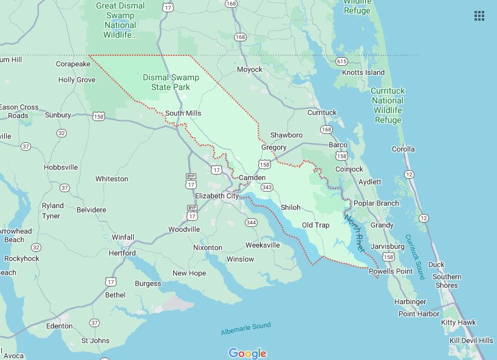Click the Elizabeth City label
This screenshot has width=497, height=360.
(x=217, y=196)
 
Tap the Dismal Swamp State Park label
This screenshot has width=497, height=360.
(x=171, y=82)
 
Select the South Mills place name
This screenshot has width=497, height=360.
(x=183, y=113)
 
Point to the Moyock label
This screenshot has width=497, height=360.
(x=250, y=69)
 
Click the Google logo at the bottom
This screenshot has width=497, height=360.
(x=247, y=353)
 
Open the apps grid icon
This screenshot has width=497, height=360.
(x=479, y=16)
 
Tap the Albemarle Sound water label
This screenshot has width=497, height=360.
(x=245, y=329)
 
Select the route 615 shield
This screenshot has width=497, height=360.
(x=341, y=61)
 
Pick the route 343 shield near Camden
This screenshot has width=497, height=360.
(x=267, y=187)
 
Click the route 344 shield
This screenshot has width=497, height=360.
(x=251, y=223)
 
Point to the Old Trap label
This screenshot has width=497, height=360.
(x=316, y=225)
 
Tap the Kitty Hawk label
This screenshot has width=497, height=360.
(x=459, y=322)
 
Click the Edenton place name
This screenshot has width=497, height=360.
(x=59, y=326)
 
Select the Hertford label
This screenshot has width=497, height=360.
(x=122, y=252)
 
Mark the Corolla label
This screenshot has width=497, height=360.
(x=403, y=149)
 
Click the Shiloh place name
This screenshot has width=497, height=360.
(x=290, y=207)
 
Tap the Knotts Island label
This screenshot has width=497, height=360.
(x=363, y=72)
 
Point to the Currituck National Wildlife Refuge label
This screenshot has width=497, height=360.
(x=388, y=105)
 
